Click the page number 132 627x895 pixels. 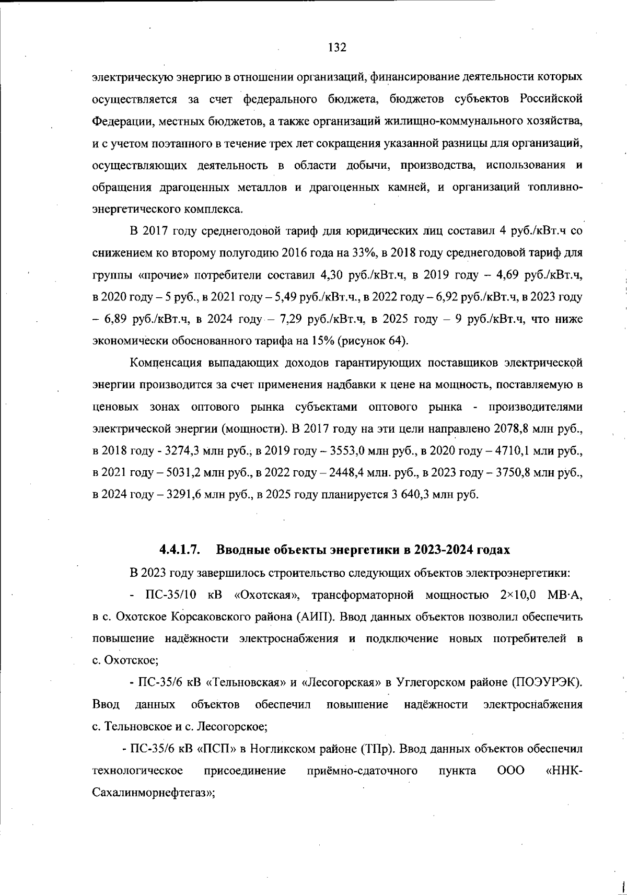tap(337, 48)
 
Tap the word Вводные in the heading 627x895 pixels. tap(243, 550)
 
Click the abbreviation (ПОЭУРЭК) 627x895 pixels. tap(547, 682)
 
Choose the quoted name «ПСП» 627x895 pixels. tap(216, 749)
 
